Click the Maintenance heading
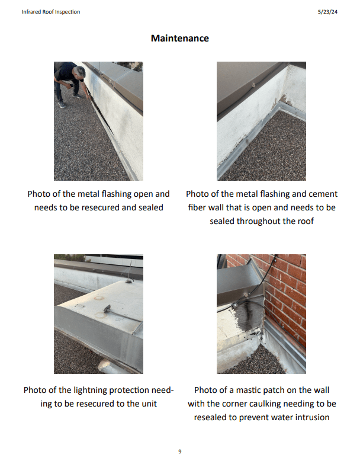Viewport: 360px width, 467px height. pos(179,38)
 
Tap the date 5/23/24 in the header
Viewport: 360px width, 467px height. pos(327,12)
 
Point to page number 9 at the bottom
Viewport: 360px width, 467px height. pos(179,452)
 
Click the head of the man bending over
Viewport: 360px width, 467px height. pos(80,72)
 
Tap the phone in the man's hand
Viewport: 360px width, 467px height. pos(72,85)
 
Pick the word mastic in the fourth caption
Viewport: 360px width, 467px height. pos(249,390)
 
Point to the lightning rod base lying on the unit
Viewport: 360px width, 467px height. pos(107,308)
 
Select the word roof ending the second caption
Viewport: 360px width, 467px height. pos(306,221)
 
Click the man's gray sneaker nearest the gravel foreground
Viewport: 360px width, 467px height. pos(62,105)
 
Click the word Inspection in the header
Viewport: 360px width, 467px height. pos(68,12)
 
